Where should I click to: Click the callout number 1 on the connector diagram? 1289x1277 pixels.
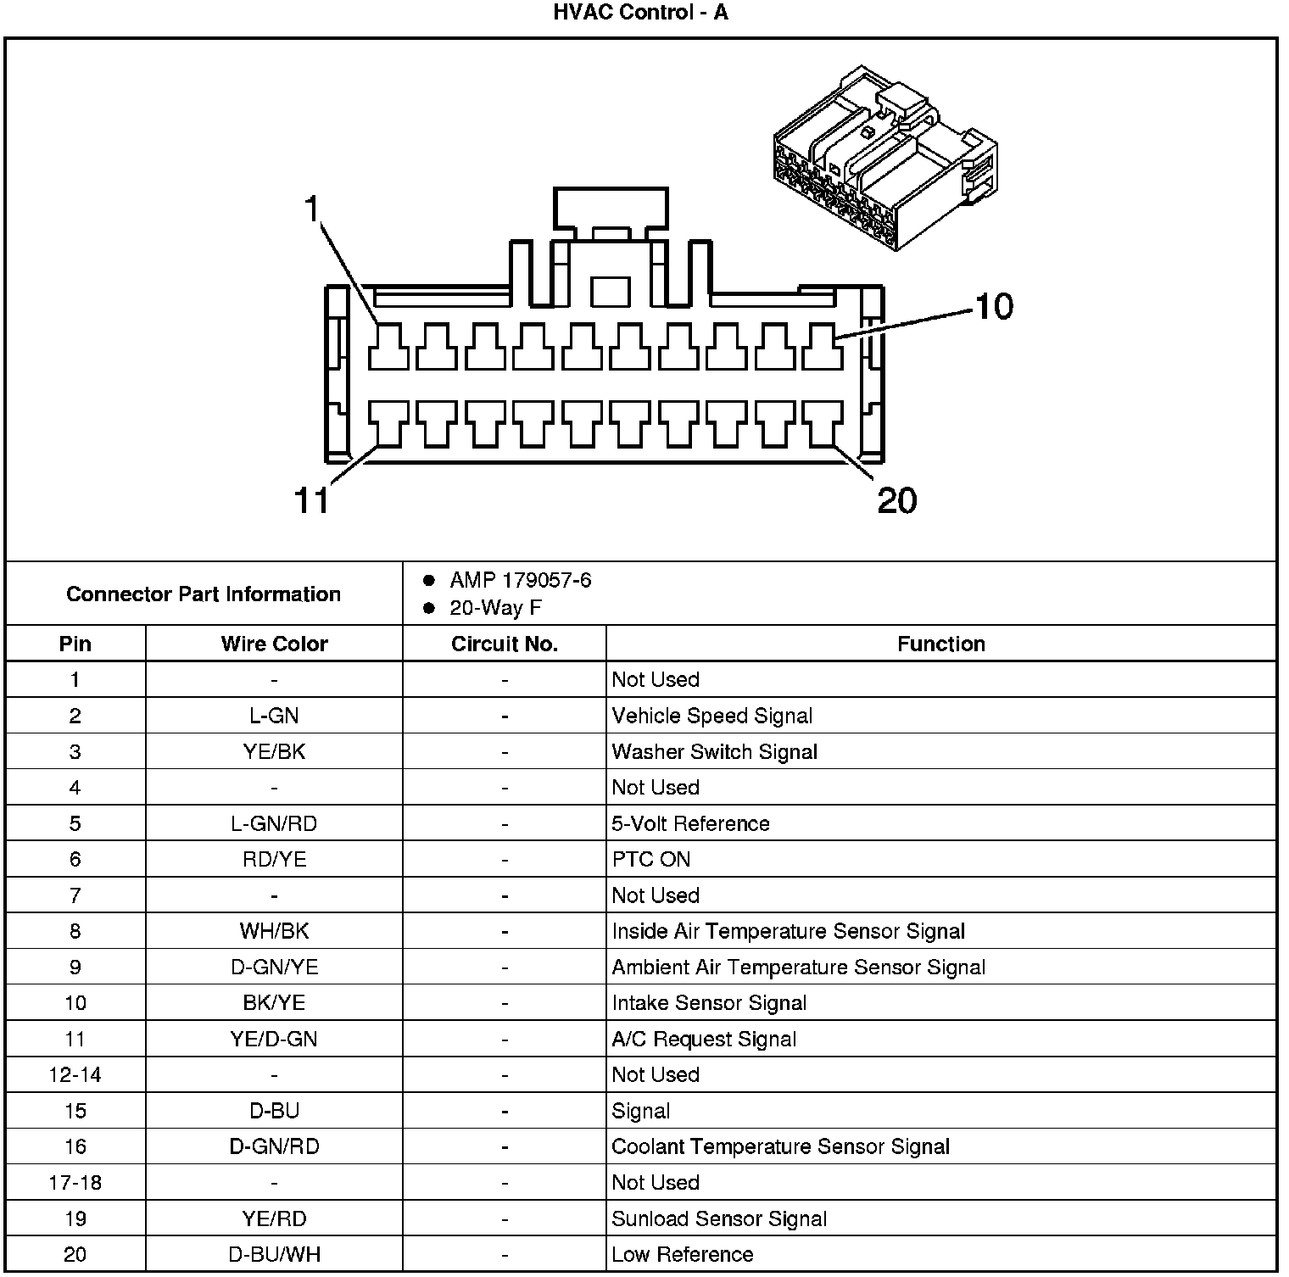[x=314, y=208]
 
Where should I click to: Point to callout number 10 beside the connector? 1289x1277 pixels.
[x=994, y=306]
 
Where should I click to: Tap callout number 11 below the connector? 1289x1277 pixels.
[x=311, y=500]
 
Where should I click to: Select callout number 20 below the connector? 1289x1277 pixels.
[x=897, y=500]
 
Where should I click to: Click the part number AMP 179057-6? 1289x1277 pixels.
[x=520, y=581]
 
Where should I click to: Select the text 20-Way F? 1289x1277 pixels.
[x=495, y=608]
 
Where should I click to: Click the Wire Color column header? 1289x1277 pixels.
[x=274, y=644]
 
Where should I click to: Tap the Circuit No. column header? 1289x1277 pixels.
[x=505, y=644]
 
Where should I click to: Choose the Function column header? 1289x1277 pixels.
[x=941, y=644]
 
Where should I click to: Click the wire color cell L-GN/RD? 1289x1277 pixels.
[x=274, y=823]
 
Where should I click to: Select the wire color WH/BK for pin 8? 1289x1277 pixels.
[x=274, y=931]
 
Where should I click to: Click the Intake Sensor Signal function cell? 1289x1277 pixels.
[x=709, y=1003]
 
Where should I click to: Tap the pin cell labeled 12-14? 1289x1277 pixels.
[x=75, y=1075]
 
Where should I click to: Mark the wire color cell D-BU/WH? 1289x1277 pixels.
[x=274, y=1254]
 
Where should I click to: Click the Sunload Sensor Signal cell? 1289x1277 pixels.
[x=719, y=1218]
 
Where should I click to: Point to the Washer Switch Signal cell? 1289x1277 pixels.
[x=714, y=752]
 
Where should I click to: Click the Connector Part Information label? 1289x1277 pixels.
[x=204, y=594]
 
